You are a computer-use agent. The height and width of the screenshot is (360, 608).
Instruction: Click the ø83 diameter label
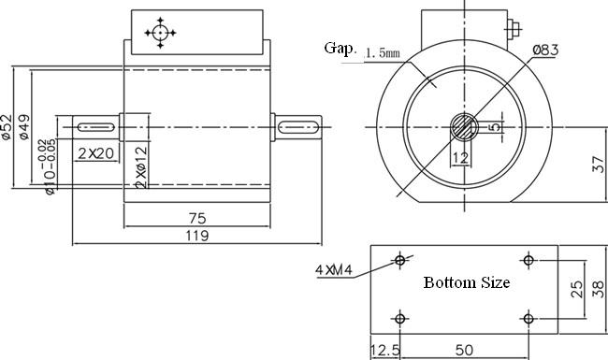click(x=545, y=50)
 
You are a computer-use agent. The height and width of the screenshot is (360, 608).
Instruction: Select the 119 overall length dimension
click(x=197, y=236)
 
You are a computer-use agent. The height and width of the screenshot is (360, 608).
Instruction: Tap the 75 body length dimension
click(x=197, y=219)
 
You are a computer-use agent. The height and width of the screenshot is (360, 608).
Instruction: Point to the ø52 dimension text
click(x=7, y=127)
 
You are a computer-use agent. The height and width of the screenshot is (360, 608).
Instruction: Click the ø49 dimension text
click(x=24, y=127)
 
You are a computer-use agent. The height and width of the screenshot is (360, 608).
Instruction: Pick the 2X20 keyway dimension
click(x=95, y=154)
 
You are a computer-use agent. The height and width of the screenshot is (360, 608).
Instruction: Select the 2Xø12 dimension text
click(x=141, y=167)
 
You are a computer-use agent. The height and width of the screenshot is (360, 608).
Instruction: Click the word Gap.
click(x=340, y=49)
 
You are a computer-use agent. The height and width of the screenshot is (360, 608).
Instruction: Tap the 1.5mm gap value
click(x=383, y=52)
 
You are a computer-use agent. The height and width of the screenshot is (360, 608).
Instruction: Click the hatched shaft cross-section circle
click(x=464, y=127)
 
